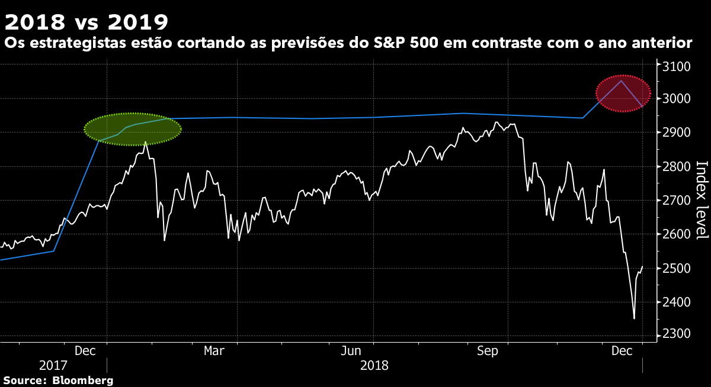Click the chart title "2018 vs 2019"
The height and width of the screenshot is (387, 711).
pos(87,22)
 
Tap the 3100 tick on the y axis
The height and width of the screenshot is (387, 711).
pos(676,66)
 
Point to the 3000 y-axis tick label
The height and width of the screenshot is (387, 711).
pos(676,99)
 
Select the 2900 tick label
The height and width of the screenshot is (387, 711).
pos(676,133)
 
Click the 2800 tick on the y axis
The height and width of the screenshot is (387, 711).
pos(676,167)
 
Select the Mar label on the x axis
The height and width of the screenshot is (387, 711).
pos(214,351)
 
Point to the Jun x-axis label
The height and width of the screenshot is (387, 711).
pos(352,351)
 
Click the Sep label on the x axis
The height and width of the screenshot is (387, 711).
pos(488,351)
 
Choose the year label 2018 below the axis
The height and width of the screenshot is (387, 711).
pos(374,366)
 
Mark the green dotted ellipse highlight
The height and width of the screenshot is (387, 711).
pos(133,129)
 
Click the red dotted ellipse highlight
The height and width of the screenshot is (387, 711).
pos(623,93)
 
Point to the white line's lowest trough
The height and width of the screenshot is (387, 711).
pos(634,318)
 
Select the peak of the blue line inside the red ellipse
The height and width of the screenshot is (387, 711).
pos(621,80)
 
